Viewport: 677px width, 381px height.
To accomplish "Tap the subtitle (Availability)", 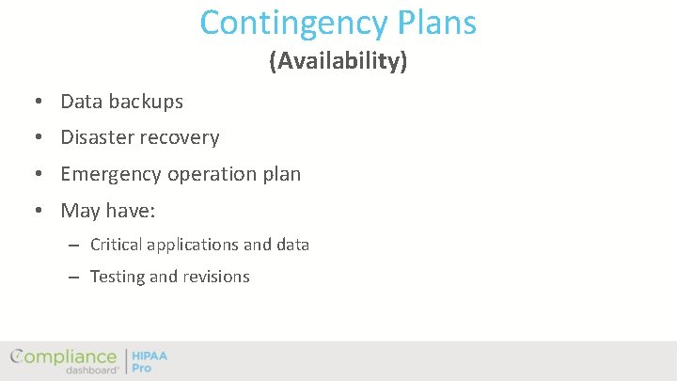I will [338, 61].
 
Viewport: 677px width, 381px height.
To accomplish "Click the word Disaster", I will [99, 137].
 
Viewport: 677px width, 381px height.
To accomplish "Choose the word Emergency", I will [111, 174].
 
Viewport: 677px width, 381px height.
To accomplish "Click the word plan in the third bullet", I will [281, 174].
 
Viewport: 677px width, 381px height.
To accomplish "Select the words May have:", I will [107, 211].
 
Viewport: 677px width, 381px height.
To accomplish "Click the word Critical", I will [116, 245].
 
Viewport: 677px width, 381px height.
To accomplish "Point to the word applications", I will [193, 245].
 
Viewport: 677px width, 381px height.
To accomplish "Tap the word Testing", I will [118, 277].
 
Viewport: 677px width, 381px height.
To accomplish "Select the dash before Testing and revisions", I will [72, 278].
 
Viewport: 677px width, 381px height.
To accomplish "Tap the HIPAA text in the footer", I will [150, 356].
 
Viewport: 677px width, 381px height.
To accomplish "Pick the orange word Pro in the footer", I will [141, 368].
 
